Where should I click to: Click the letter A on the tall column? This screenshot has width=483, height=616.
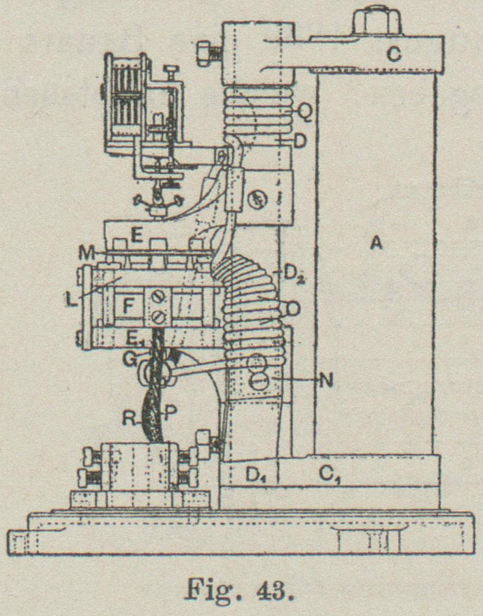click(376, 244)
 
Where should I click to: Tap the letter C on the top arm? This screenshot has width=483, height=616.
click(394, 54)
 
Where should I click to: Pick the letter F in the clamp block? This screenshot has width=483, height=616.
click(128, 307)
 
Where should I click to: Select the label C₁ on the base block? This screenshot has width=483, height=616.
click(328, 473)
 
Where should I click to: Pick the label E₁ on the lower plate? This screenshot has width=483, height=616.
click(137, 338)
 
